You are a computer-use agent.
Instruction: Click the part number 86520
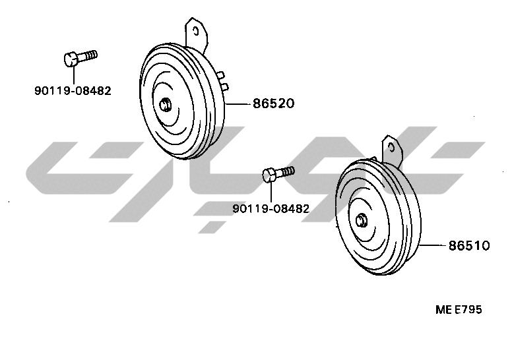coord(274,104)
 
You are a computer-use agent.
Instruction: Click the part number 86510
coord(469,245)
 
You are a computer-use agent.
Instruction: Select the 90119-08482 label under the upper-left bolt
coord(73,90)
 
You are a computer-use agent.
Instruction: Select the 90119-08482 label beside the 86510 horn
coord(271,208)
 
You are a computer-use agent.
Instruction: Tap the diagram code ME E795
coord(459,309)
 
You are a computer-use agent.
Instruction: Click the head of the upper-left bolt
coord(71,59)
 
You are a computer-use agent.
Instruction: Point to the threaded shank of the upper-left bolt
coord(88,55)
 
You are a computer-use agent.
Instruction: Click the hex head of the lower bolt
coord(269,175)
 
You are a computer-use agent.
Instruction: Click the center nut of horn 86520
coord(165,105)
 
